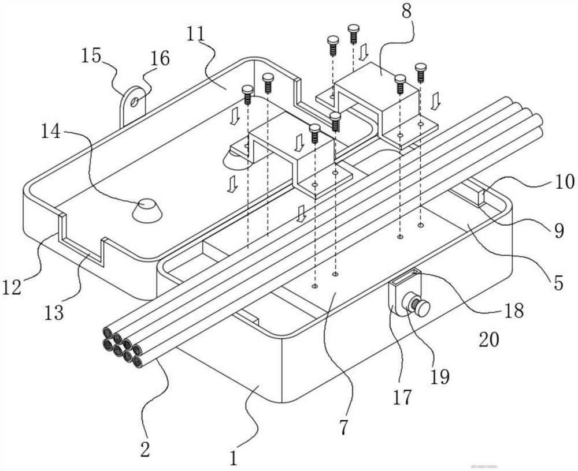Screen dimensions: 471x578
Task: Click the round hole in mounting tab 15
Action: (x=135, y=102)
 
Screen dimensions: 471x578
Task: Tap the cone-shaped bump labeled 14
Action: (x=146, y=210)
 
